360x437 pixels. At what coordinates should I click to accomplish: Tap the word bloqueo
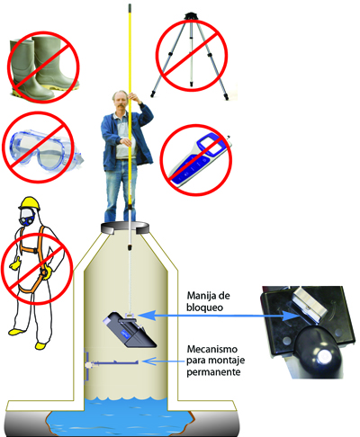pyautogui.click(x=204, y=308)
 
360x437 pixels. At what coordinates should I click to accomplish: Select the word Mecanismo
pyautogui.click(x=212, y=349)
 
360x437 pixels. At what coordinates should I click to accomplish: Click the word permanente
pyautogui.click(x=213, y=372)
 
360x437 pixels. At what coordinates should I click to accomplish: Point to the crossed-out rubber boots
pyautogui.click(x=42, y=67)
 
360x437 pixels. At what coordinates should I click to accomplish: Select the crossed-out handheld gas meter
pyautogui.click(x=199, y=159)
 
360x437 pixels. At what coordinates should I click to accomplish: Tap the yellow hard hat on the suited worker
pyautogui.click(x=29, y=203)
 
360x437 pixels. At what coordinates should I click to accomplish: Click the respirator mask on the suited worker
pyautogui.click(x=27, y=218)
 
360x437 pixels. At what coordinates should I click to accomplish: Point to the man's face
pyautogui.click(x=119, y=100)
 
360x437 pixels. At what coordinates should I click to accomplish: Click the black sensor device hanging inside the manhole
pyautogui.click(x=130, y=330)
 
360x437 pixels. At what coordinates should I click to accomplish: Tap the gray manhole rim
pyautogui.click(x=125, y=227)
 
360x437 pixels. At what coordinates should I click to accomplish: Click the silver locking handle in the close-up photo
pyautogui.click(x=309, y=304)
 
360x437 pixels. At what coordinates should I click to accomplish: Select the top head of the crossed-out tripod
pyautogui.click(x=191, y=15)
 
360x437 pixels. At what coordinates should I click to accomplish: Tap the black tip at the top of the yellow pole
pyautogui.click(x=130, y=6)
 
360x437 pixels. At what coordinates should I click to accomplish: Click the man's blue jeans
pyautogui.click(x=121, y=191)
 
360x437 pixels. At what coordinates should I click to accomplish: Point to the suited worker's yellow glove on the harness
pyautogui.click(x=47, y=273)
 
